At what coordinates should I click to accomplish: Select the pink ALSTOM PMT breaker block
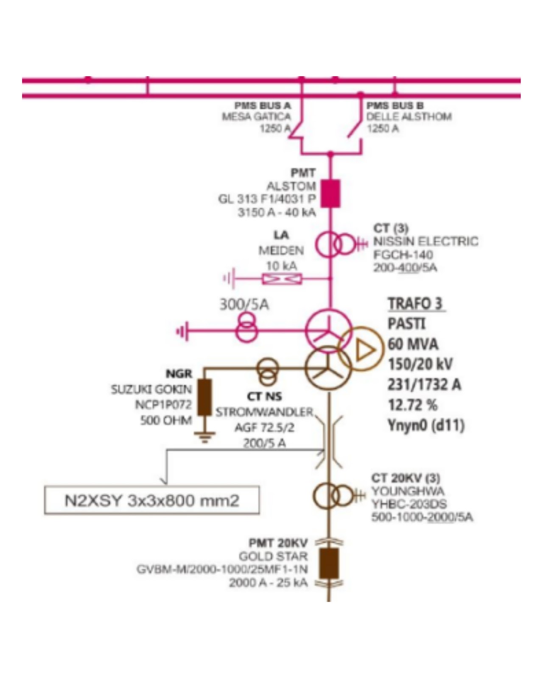pyautogui.click(x=330, y=194)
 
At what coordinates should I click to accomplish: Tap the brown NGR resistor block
pyautogui.click(x=205, y=397)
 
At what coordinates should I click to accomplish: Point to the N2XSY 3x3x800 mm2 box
pyautogui.click(x=152, y=500)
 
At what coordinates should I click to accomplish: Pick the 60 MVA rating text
pyautogui.click(x=413, y=344)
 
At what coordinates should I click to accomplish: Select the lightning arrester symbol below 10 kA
pyautogui.click(x=282, y=279)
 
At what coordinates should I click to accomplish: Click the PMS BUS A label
pyautogui.click(x=263, y=106)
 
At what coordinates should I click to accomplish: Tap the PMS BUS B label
pyautogui.click(x=395, y=106)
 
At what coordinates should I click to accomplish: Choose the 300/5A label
pyautogui.click(x=244, y=304)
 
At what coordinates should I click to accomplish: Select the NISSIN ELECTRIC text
pyautogui.click(x=425, y=242)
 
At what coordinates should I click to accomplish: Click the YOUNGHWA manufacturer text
pyautogui.click(x=408, y=491)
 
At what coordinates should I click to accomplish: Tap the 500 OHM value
pyautogui.click(x=166, y=420)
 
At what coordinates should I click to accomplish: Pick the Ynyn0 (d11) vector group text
pyautogui.click(x=426, y=425)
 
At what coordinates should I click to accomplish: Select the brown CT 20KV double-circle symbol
pyautogui.click(x=333, y=495)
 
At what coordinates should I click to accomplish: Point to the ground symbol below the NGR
pyautogui.click(x=205, y=436)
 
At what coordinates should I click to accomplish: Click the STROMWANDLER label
pyautogui.click(x=264, y=412)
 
